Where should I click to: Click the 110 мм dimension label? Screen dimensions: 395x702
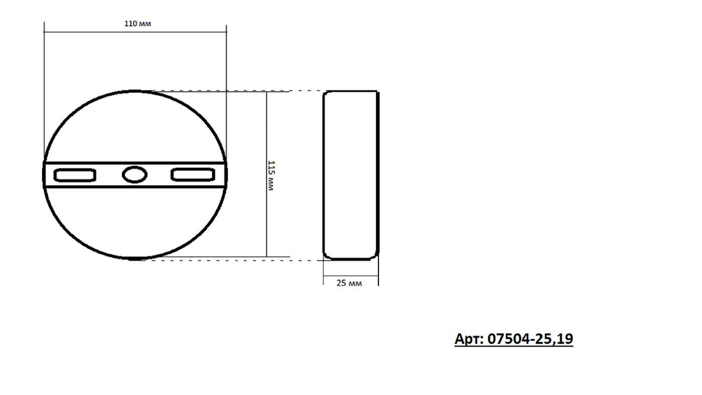coord(137,24)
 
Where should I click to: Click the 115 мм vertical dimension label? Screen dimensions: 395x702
coord(271,175)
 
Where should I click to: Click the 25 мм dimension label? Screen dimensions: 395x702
coord(349,283)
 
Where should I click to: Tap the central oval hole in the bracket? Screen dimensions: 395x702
coord(135,175)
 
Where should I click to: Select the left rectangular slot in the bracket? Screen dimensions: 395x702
coord(75,175)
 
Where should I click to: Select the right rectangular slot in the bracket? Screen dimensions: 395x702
coord(193,175)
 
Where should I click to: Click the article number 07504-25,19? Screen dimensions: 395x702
coord(530,339)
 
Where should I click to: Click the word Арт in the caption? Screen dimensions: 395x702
coord(468,339)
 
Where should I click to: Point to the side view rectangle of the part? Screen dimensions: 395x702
coord(350,175)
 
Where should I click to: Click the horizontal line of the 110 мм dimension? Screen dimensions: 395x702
coord(135,32)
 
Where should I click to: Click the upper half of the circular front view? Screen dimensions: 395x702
coord(135,125)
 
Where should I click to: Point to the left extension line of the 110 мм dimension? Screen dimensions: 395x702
coord(44,90)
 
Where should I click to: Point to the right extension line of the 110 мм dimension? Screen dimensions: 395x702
coord(227,90)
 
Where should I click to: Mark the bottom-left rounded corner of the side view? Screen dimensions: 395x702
coord(326,256)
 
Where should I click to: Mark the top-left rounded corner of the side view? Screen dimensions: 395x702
coord(326,95)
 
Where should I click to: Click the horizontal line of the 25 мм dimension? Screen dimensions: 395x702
coord(350,276)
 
